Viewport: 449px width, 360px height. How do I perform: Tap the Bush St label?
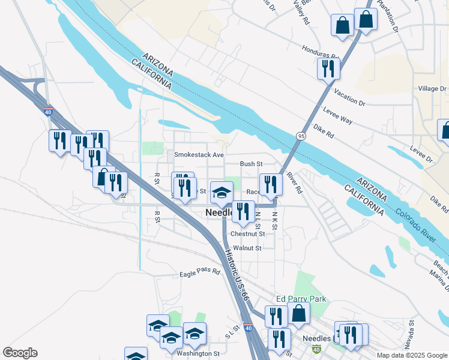pyautogui.click(x=252, y=163)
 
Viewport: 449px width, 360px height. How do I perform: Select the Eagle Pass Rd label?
pyautogui.click(x=200, y=273)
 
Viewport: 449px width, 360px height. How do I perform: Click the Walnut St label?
pyautogui.click(x=247, y=248)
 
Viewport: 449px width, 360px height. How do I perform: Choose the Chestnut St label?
pyautogui.click(x=247, y=234)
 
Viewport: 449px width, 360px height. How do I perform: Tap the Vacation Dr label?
pyautogui.click(x=349, y=98)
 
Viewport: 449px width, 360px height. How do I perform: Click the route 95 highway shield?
pyautogui.click(x=298, y=137)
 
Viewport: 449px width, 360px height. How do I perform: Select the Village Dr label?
pyautogui.click(x=432, y=89)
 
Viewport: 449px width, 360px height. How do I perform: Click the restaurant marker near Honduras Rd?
pyautogui.click(x=328, y=68)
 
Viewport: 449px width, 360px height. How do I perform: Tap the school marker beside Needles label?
pyautogui.click(x=221, y=193)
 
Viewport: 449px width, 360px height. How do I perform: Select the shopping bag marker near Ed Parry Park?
pyautogui.click(x=298, y=313)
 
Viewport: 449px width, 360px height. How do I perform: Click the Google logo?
pyautogui.click(x=20, y=353)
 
